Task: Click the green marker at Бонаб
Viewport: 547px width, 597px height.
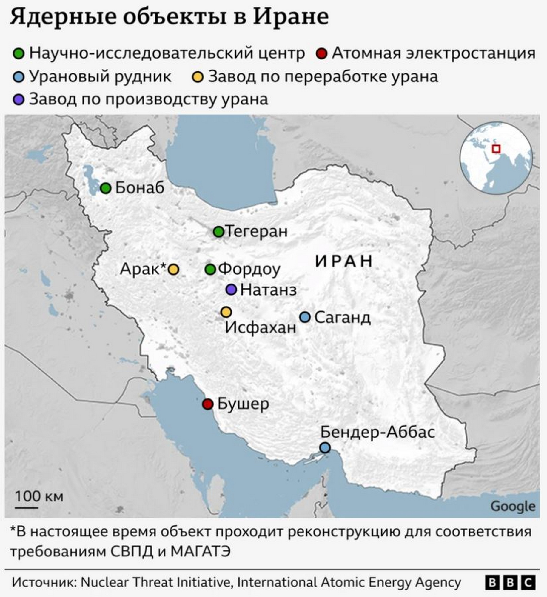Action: [x=105, y=188]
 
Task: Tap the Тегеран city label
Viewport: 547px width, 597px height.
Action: [x=257, y=231]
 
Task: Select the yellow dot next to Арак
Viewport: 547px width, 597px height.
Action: [x=173, y=270]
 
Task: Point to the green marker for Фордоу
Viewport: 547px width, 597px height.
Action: [x=210, y=270]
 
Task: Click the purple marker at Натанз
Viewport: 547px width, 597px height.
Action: [x=231, y=289]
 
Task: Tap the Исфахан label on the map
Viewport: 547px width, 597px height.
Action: [x=260, y=328]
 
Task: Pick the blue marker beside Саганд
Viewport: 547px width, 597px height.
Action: [x=305, y=317]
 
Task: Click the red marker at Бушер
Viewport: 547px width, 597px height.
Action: [x=208, y=404]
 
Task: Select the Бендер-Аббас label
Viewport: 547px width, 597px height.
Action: [x=377, y=432]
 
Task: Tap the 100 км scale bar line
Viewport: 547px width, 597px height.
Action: [x=27, y=507]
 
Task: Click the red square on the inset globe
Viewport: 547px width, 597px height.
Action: [x=496, y=149]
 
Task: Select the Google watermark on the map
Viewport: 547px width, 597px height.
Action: [x=513, y=506]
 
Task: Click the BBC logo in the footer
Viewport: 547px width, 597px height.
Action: [x=510, y=583]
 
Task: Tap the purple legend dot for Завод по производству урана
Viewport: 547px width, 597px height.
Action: [x=19, y=100]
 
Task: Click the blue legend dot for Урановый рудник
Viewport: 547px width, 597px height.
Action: [x=19, y=77]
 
